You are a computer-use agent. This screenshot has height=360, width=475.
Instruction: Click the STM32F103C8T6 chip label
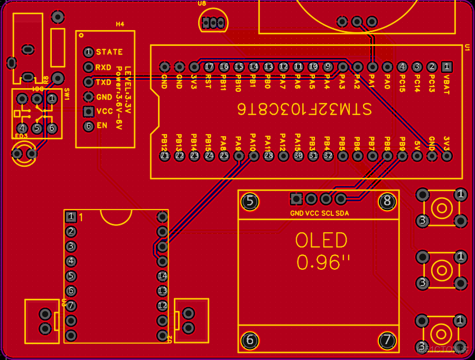coord(304,109)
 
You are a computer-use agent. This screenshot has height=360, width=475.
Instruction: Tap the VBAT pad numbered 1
coord(446,67)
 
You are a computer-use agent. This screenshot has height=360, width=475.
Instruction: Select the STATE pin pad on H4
coord(88,52)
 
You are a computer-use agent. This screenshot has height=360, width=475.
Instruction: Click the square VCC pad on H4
coord(88,111)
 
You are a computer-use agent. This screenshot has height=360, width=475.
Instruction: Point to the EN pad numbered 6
coord(88,126)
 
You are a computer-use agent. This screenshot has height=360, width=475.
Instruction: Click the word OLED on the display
coord(321,241)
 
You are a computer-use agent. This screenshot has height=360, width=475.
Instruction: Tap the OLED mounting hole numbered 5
coord(250,201)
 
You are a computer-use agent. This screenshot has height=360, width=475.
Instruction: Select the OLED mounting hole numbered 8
coord(387,201)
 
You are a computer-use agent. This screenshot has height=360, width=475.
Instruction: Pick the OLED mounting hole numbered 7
coord(387,340)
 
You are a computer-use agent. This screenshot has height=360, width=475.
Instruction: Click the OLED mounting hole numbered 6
coord(250,340)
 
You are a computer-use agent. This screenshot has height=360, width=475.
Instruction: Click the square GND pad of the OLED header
coord(296,199)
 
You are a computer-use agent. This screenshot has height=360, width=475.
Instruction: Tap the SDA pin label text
coord(342,213)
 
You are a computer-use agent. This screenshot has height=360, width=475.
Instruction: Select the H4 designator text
coord(120,24)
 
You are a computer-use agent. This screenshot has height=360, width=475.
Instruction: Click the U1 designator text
coord(467,48)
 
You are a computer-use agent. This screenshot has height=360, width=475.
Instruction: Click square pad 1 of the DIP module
coord(71,216)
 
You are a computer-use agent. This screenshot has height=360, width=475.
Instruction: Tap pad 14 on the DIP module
coord(162,276)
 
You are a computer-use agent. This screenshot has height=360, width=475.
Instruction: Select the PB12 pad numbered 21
coord(164,155)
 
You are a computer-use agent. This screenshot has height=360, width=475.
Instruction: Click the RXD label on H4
coord(104,68)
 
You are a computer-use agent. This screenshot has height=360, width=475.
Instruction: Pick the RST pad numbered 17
coord(209,67)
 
